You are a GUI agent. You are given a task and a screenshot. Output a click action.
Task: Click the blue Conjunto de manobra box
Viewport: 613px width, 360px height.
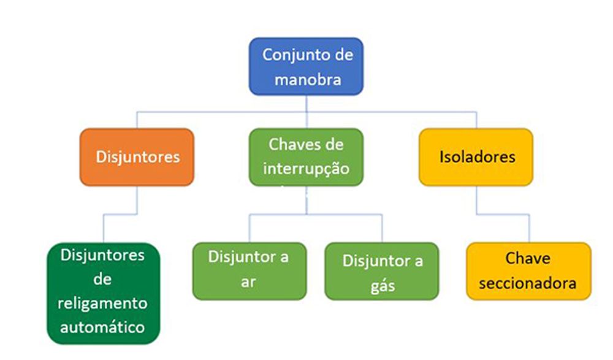[x=306, y=66]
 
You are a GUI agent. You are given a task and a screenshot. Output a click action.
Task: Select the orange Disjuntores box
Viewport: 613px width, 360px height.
[x=137, y=157]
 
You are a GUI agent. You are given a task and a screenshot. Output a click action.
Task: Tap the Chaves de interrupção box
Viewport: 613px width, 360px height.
[x=306, y=157]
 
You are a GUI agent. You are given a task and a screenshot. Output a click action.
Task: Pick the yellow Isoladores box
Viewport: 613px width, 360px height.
[x=476, y=157]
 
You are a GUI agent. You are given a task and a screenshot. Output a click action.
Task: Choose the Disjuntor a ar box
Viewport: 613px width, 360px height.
[x=249, y=270]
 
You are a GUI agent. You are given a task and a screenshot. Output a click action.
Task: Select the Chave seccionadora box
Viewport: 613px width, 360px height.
[x=528, y=270]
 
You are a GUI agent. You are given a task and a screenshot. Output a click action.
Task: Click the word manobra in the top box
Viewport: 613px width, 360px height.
[x=307, y=79]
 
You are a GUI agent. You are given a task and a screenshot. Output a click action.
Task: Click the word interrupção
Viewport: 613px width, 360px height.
[x=306, y=169]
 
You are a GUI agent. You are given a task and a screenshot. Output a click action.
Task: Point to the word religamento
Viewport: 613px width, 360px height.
[x=103, y=303]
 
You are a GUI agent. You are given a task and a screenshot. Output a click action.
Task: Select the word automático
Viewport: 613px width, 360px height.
[x=103, y=326]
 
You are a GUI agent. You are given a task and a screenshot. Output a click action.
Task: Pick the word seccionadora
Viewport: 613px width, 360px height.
[x=528, y=283]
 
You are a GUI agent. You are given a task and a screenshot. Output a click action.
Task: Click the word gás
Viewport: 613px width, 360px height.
[x=383, y=286]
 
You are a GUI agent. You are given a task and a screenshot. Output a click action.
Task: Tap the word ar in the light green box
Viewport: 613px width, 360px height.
[x=248, y=283]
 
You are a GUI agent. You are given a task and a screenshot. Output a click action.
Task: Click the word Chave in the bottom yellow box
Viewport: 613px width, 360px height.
[x=528, y=258]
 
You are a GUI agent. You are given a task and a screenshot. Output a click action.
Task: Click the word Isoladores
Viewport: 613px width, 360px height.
[x=477, y=157]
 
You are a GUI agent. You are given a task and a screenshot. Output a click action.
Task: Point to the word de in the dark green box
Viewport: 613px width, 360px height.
[x=103, y=279]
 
